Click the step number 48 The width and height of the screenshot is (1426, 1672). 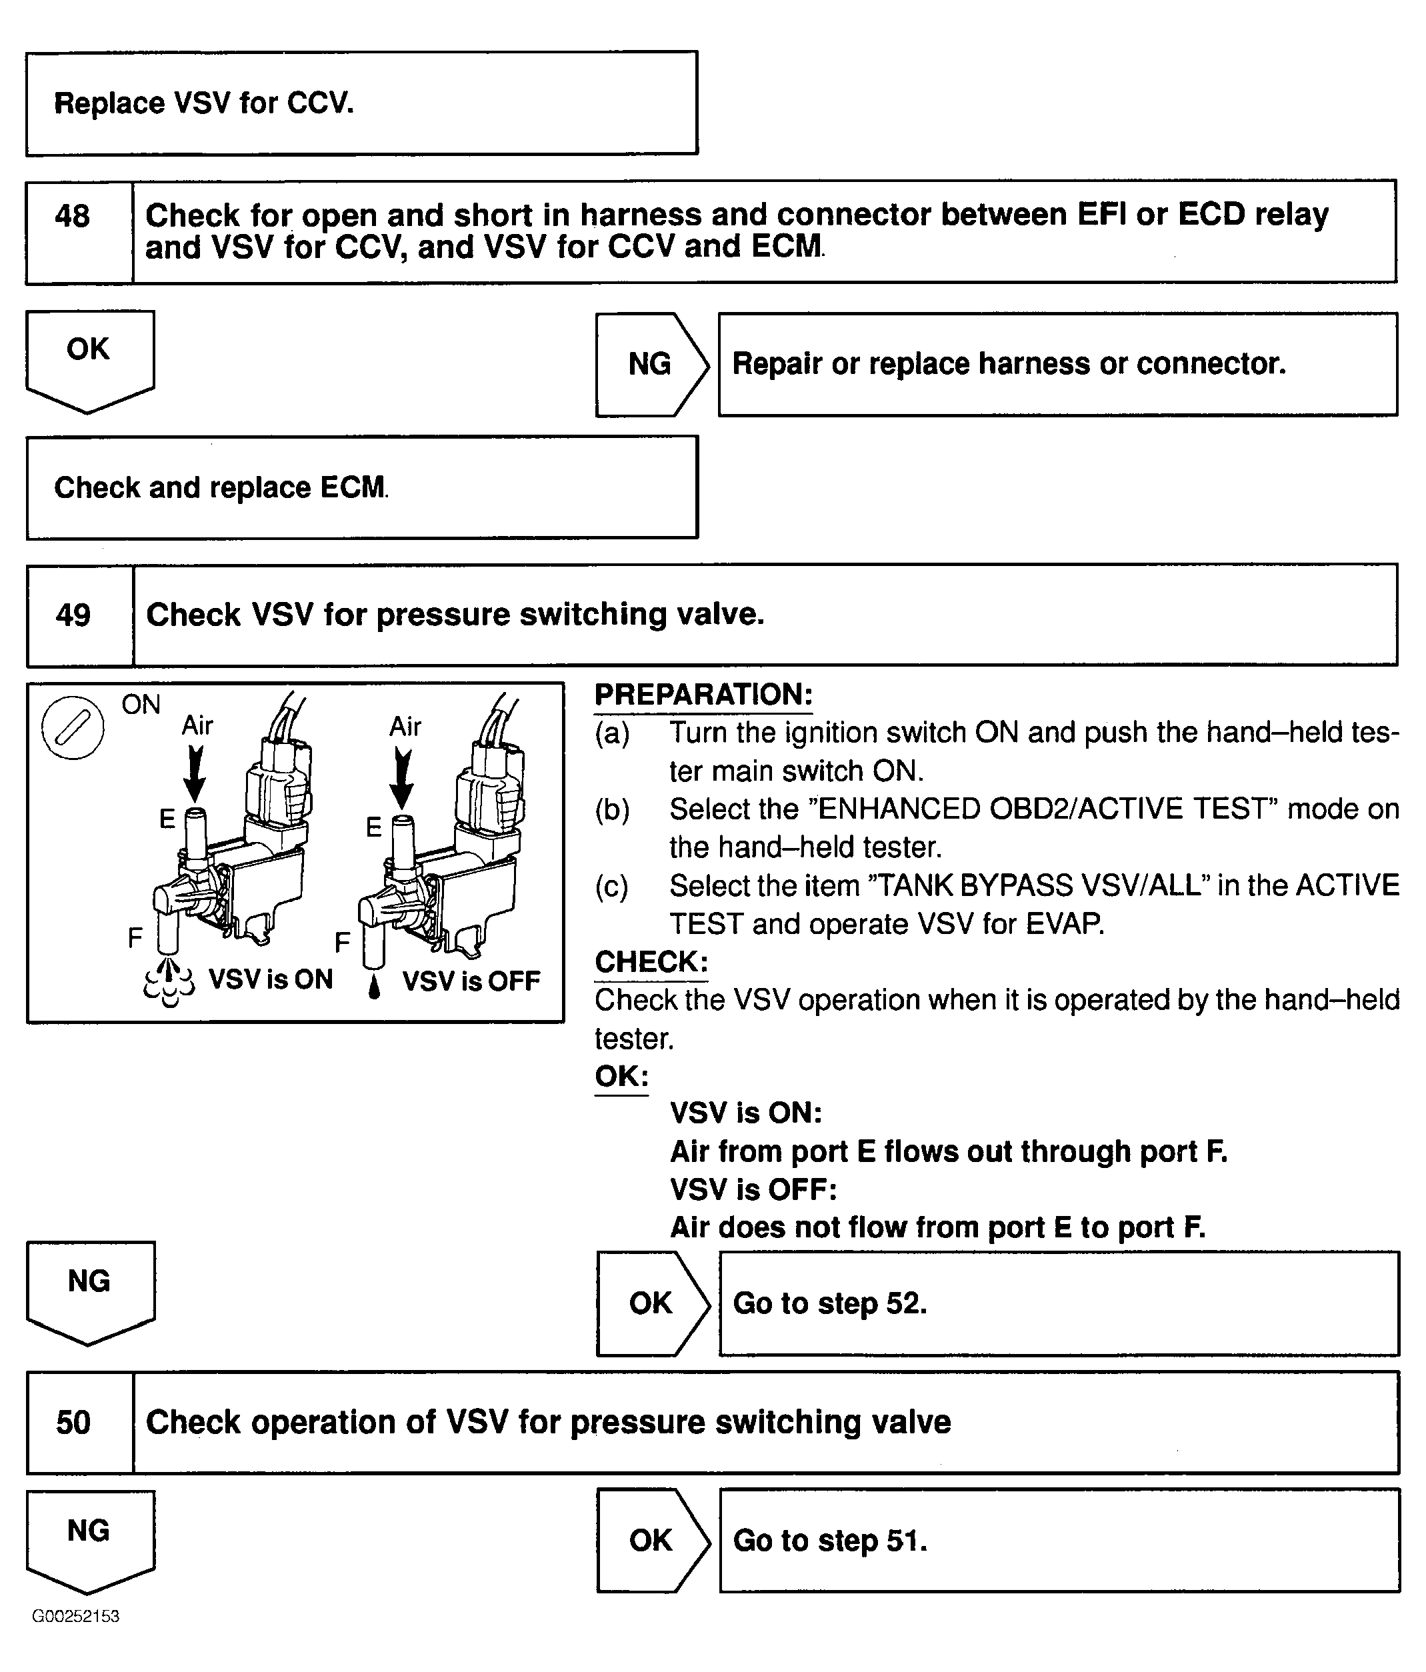73,216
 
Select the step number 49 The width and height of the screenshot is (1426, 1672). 73,615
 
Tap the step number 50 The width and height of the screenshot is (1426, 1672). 73,1422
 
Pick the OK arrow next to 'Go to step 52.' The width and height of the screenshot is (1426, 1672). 651,1303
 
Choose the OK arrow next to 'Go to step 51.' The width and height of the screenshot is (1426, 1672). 651,1541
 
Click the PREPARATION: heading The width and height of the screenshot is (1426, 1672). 703,695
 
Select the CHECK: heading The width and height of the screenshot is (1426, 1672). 651,962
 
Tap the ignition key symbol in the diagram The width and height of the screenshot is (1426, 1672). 73,727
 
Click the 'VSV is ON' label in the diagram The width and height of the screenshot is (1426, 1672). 271,979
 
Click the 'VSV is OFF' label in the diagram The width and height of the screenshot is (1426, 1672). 471,981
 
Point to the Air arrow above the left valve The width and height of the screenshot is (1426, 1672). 195,773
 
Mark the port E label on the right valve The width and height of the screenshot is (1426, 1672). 373,827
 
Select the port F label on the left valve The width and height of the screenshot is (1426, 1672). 135,938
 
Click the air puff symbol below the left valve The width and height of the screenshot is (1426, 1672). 169,981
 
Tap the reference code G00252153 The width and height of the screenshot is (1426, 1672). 76,1616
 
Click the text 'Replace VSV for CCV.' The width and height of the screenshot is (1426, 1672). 204,103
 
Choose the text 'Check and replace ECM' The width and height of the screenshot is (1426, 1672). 220,487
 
